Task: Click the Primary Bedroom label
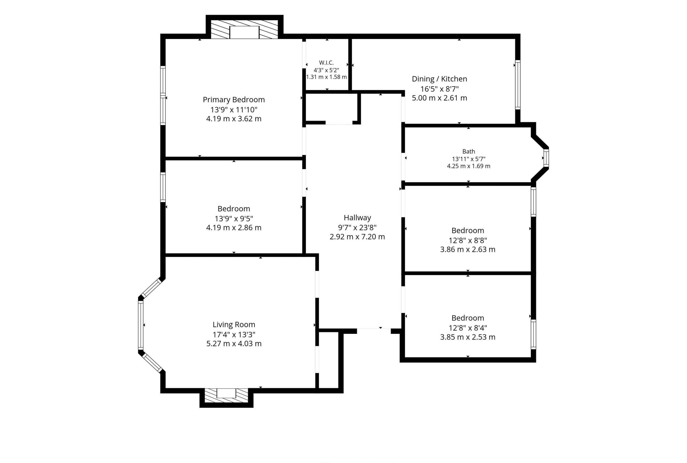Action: pos(233,100)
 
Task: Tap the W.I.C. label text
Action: pos(326,62)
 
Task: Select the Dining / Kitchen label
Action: pos(439,79)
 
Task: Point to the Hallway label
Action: pos(357,218)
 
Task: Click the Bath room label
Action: pos(469,151)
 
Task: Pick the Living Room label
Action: pos(234,324)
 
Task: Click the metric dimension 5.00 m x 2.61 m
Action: pos(439,98)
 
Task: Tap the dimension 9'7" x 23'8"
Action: pos(357,228)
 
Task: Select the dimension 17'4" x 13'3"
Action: pos(234,335)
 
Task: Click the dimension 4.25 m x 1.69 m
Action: pos(469,166)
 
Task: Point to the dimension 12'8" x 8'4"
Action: pos(468,328)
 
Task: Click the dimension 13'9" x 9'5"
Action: pos(234,219)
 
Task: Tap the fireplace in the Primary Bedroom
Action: pos(244,29)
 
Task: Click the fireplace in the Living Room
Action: pos(226,395)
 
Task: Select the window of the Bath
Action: pos(546,158)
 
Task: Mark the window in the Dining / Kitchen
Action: pos(518,85)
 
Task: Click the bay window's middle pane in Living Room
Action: pos(141,325)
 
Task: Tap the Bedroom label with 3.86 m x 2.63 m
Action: pos(468,231)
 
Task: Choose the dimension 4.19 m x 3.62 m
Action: pos(234,119)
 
